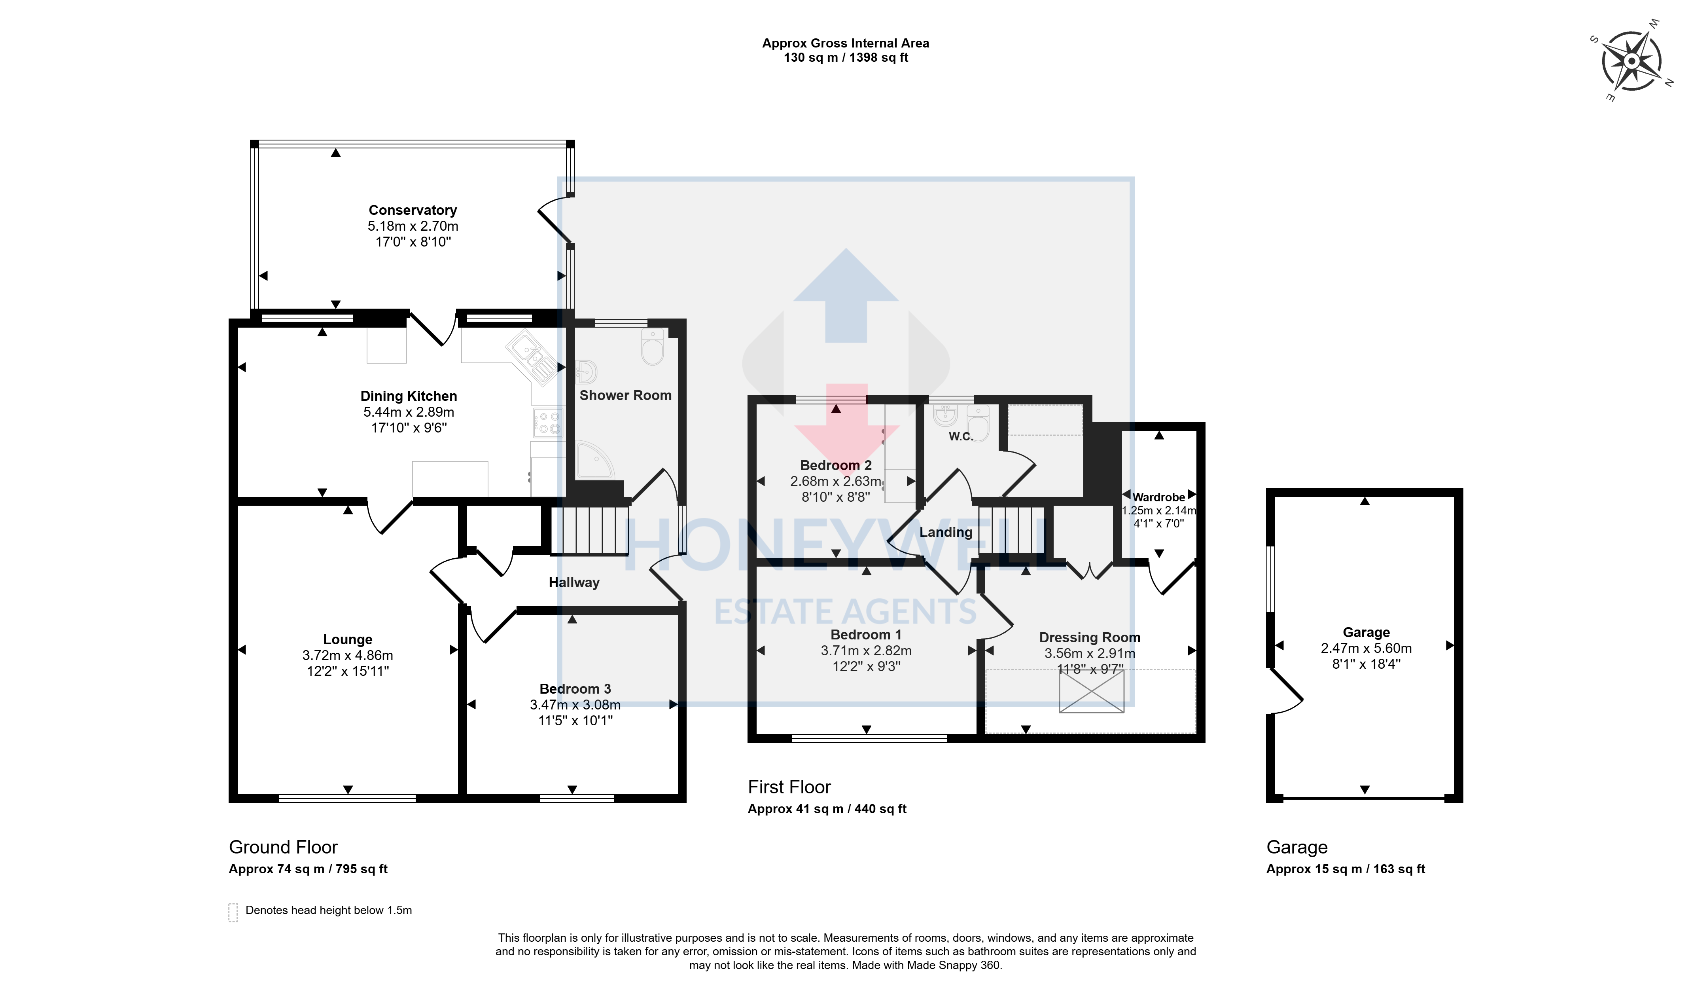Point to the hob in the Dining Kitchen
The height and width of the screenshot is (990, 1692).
click(548, 423)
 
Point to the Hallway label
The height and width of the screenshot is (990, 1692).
click(574, 583)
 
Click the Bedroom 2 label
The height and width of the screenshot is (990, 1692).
click(836, 465)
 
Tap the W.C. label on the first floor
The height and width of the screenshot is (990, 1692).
click(961, 436)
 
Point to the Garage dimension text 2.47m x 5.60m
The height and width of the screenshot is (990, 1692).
click(1366, 648)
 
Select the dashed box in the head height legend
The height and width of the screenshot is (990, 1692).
click(233, 912)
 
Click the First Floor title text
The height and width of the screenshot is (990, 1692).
click(789, 787)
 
